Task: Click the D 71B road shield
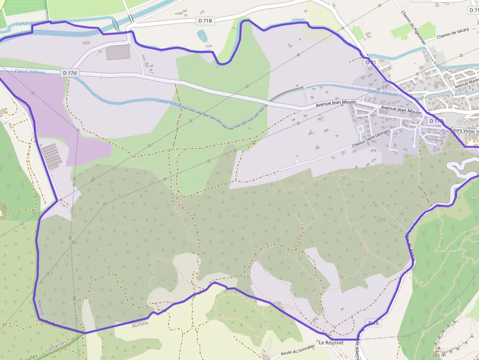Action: [x=205, y=21]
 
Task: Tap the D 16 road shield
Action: [x=373, y=323]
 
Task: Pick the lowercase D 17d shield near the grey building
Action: [x=69, y=73]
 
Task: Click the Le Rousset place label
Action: [x=331, y=343]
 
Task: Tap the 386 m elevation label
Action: [x=438, y=355]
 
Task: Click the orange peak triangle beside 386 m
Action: [x=438, y=348]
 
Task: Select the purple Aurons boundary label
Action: [x=140, y=324]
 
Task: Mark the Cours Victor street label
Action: [x=464, y=131]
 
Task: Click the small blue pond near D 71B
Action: [x=201, y=35]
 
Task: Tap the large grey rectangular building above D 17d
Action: [x=118, y=52]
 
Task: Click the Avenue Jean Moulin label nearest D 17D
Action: [x=401, y=110]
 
